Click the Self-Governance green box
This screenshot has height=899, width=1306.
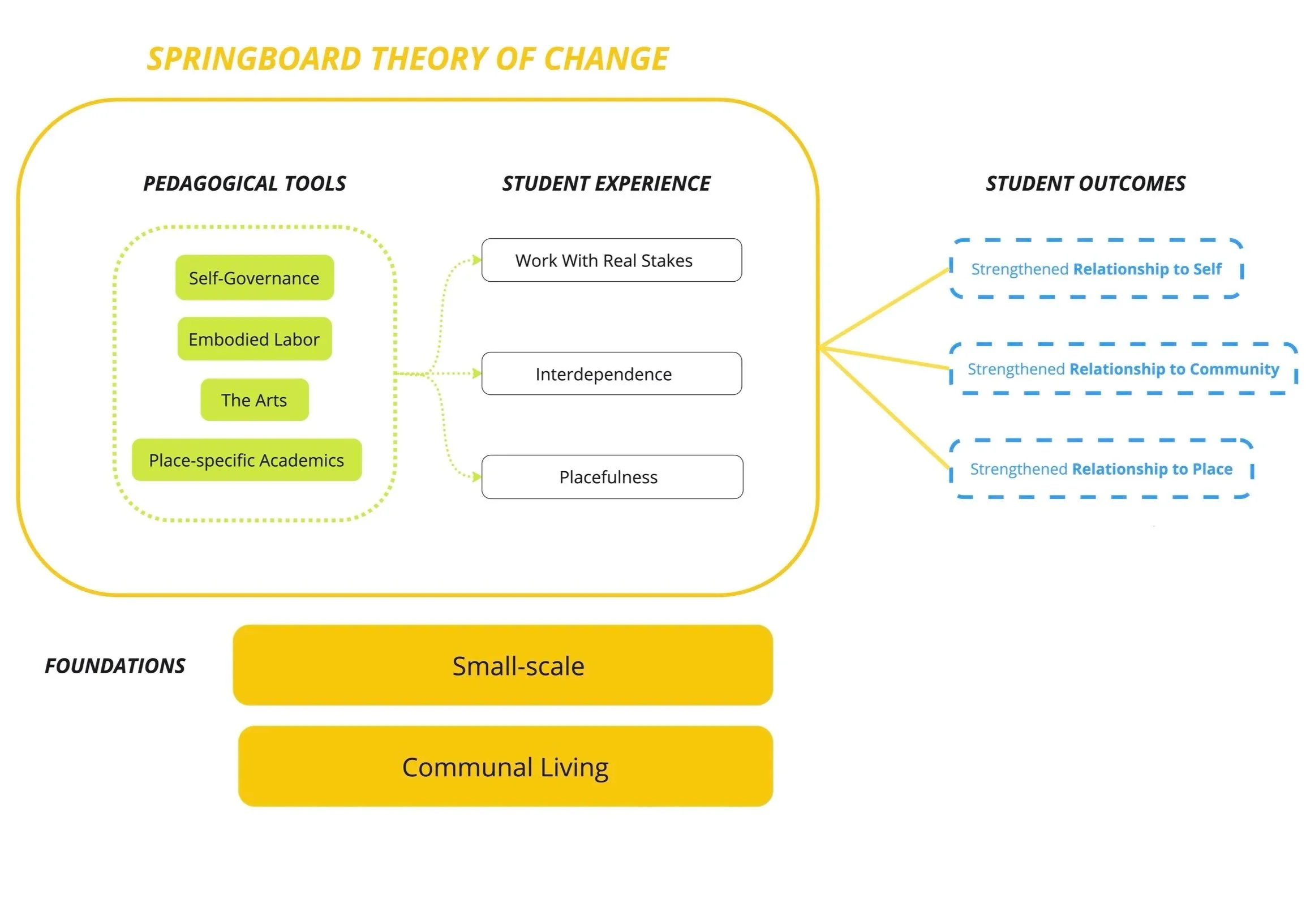(254, 278)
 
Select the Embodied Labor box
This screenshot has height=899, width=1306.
(254, 339)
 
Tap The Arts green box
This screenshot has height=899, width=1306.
(254, 400)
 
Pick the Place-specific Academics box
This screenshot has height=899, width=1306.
(246, 460)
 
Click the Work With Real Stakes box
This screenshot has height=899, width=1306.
(611, 260)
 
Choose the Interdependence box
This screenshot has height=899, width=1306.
(611, 374)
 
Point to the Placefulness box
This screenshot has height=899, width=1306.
(612, 477)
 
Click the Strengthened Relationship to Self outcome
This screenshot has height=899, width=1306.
(1096, 269)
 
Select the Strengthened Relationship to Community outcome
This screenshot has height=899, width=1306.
(1123, 369)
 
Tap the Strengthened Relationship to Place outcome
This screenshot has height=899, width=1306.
(1101, 469)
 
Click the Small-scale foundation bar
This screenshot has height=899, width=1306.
(502, 665)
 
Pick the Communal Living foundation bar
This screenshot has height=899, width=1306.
(505, 767)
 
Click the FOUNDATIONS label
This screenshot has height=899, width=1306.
(115, 666)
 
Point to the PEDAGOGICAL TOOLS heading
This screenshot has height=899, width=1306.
(244, 183)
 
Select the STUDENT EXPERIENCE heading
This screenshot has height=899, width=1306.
(606, 183)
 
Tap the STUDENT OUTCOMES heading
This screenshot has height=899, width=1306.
(1085, 183)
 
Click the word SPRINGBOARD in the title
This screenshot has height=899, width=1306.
(254, 59)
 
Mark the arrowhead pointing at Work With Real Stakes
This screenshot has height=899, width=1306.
(477, 260)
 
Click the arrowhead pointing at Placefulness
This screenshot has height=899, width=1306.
(477, 476)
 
